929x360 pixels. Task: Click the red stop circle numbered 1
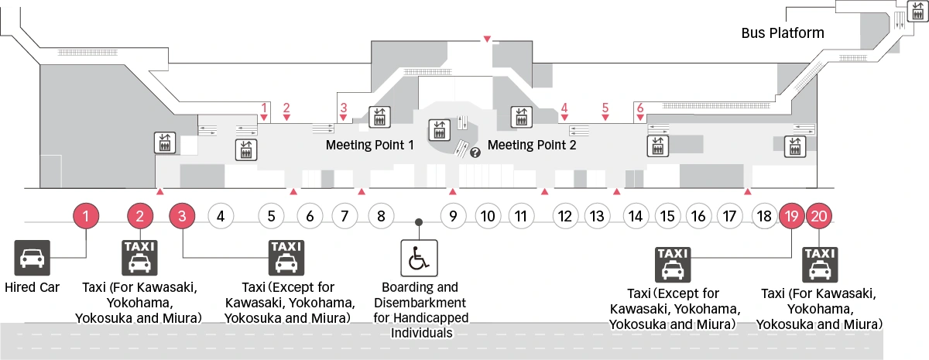(x=87, y=217)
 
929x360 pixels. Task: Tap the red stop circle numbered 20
(x=819, y=217)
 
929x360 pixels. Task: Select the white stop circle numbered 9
(x=454, y=217)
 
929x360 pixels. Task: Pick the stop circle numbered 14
(x=636, y=217)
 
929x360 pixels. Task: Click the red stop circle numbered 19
(x=791, y=217)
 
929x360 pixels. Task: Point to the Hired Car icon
(x=32, y=257)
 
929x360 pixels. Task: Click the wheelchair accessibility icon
(x=418, y=257)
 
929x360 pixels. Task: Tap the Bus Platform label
(x=782, y=33)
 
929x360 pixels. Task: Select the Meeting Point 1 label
(x=370, y=145)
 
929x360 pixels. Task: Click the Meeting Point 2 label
(x=532, y=145)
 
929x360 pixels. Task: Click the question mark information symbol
(x=475, y=153)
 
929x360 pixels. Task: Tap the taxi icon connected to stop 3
(x=286, y=257)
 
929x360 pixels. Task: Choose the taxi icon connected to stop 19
(x=674, y=263)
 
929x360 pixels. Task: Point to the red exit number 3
(x=343, y=108)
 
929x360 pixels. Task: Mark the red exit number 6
(x=640, y=108)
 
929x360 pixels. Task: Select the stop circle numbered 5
(x=271, y=217)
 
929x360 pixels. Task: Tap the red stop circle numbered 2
(x=140, y=217)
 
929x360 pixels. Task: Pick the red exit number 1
(x=264, y=108)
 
